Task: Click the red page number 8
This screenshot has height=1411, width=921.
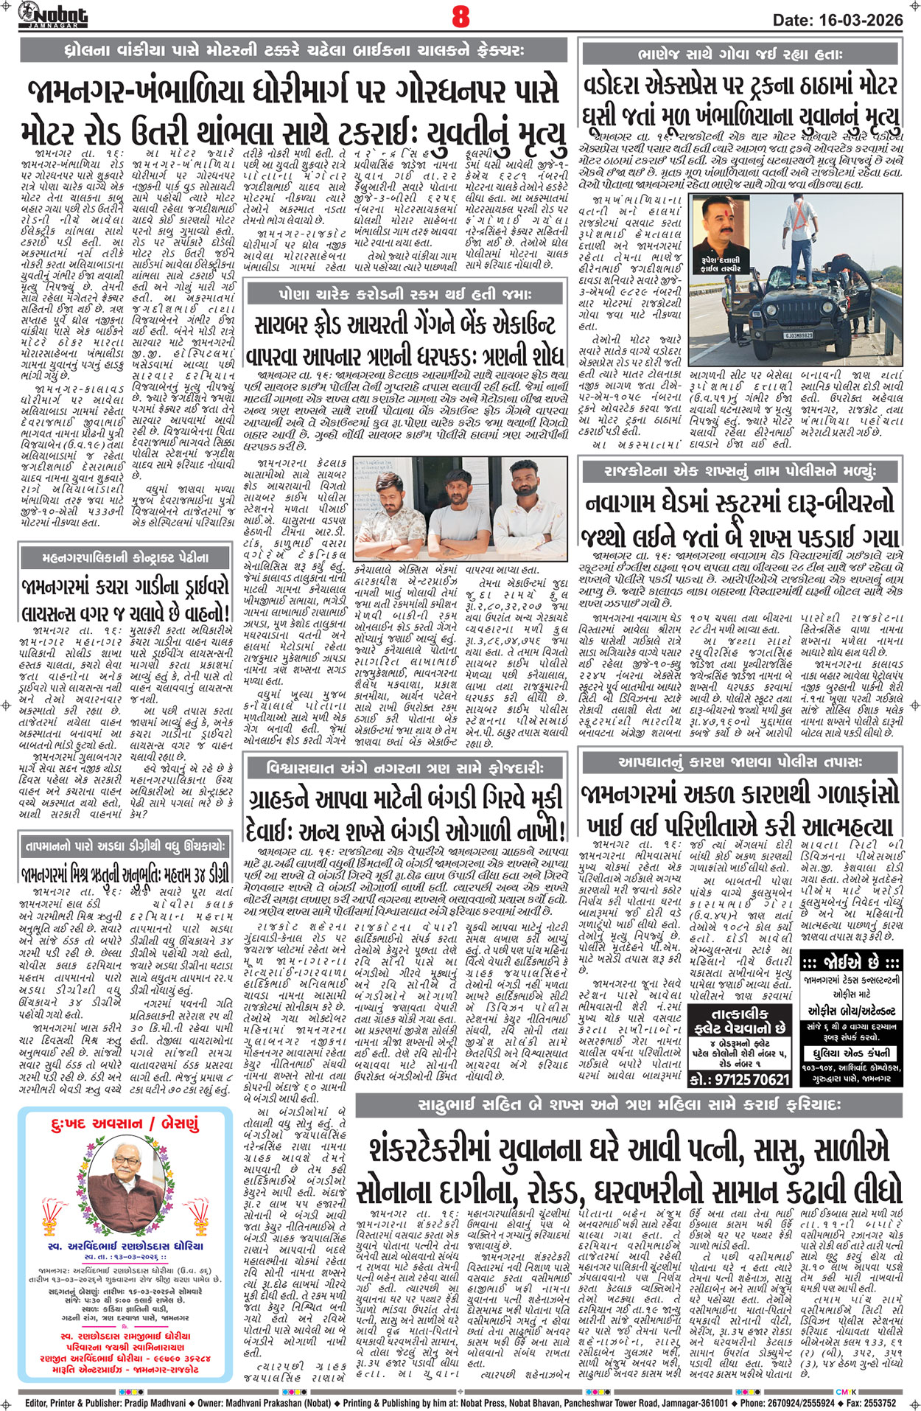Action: [x=460, y=16]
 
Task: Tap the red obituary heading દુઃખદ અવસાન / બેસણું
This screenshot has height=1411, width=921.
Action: [x=125, y=1124]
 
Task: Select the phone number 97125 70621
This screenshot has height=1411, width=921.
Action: [x=740, y=1079]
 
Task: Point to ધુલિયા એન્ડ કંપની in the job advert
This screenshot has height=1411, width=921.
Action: [x=850, y=1053]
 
